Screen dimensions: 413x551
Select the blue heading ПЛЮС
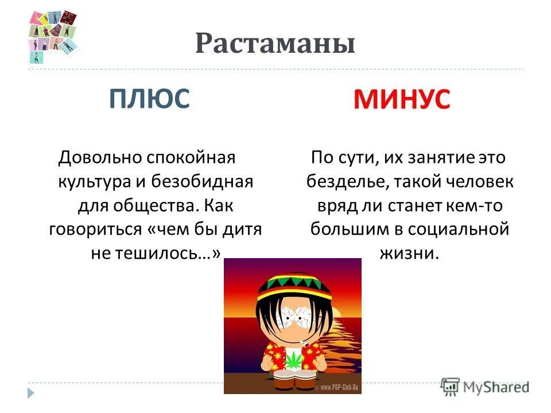coord(149,99)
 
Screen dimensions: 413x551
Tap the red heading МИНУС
coord(402,101)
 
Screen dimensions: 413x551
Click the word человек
coord(476,181)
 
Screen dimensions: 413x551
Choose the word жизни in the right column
coord(408,254)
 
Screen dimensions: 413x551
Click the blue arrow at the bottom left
coord(31,393)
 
